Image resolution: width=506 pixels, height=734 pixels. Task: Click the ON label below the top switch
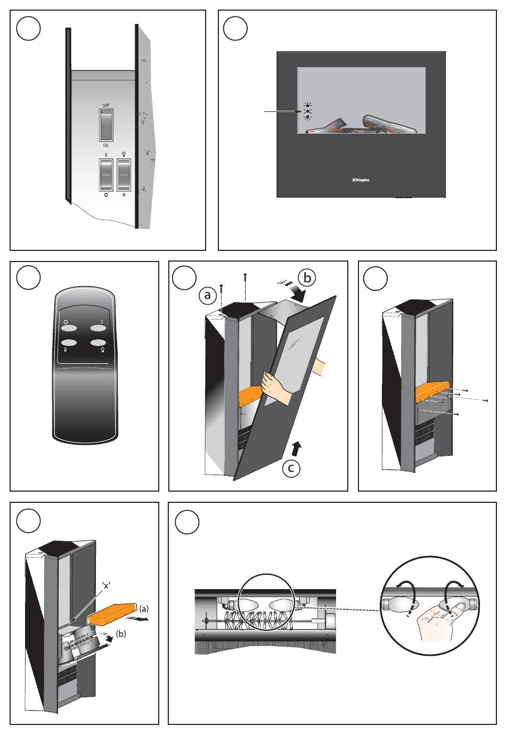106,145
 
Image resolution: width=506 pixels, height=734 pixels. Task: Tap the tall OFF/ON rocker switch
106,125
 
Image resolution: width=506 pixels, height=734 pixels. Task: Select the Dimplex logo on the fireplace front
361,180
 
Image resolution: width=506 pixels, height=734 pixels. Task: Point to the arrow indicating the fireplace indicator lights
282,111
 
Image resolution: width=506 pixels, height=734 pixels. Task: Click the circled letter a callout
208,293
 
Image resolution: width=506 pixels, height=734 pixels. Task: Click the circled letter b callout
306,278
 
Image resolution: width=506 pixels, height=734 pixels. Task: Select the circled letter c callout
290,468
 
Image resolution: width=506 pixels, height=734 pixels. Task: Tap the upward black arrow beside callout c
296,448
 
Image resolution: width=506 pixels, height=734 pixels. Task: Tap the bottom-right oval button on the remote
100,344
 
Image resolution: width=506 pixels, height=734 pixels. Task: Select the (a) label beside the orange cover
144,608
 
